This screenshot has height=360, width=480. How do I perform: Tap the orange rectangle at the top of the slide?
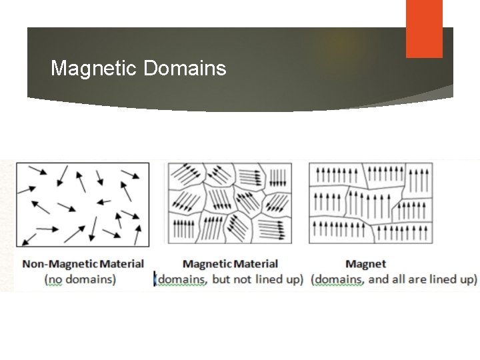[424, 28]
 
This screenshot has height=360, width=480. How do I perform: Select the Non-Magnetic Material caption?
[83, 264]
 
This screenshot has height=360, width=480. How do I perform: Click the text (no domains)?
[79, 279]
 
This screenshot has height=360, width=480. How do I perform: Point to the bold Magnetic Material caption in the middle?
[230, 264]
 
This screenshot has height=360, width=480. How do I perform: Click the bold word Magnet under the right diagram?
[365, 264]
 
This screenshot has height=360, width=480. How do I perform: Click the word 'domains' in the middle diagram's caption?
[181, 279]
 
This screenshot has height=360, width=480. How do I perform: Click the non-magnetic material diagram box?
[82, 204]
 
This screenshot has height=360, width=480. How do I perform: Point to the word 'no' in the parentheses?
[58, 279]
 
